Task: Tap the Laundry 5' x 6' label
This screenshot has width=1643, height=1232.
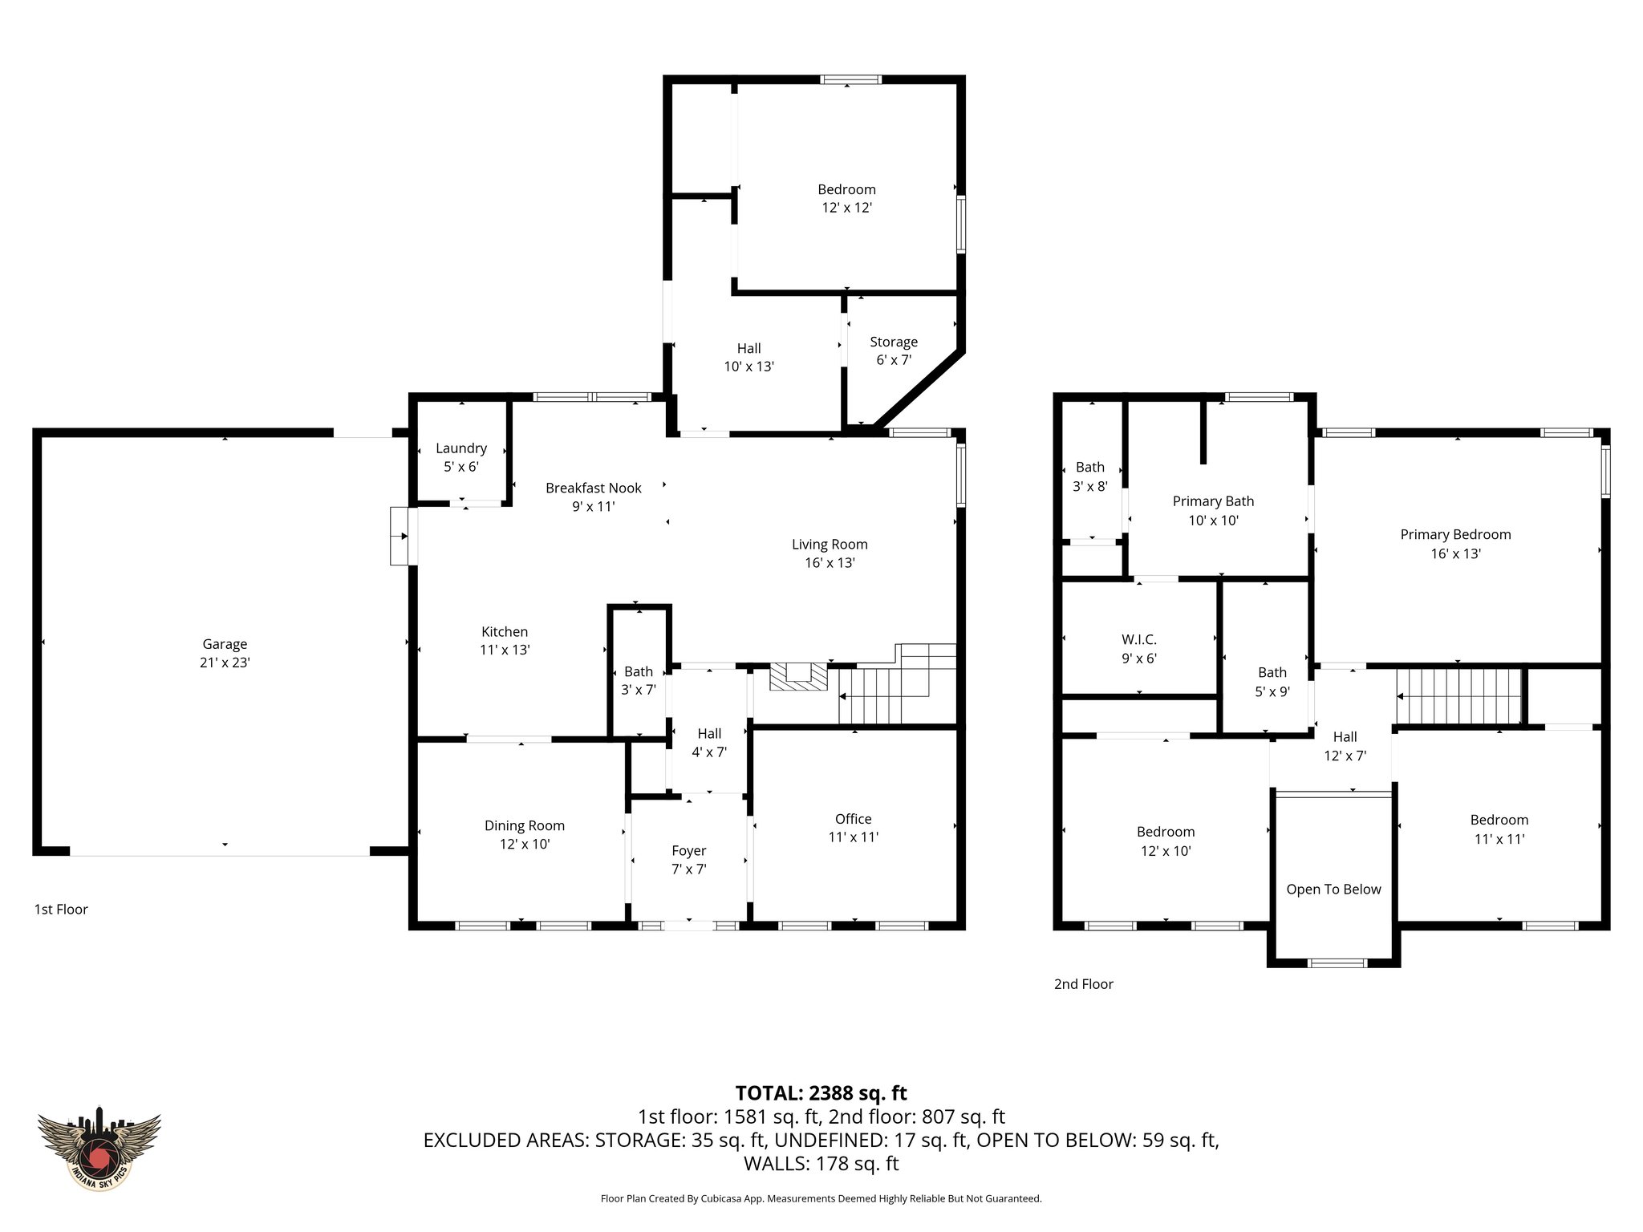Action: coord(461,457)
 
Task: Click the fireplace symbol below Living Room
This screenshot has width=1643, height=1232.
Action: coord(798,676)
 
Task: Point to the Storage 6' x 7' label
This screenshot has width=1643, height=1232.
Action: coord(894,351)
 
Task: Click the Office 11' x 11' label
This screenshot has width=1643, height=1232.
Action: coord(853,828)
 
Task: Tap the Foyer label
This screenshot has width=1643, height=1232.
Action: coord(688,851)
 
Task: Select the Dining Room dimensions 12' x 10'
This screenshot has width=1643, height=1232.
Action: coord(525,844)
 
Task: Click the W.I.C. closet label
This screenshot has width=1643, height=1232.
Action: coord(1139,640)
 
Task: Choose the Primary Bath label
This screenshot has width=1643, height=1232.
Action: coord(1213,501)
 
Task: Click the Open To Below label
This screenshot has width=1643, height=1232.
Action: coord(1333,889)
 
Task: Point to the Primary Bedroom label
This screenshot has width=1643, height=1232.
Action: coord(1455,534)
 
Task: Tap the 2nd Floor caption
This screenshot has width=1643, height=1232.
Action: coord(1083,984)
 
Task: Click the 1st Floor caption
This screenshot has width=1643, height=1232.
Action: coord(61,909)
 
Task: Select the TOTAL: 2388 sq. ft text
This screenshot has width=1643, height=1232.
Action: coord(821,1092)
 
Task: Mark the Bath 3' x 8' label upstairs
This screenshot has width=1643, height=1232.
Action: coord(1089,476)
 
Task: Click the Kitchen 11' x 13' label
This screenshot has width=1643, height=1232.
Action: coord(505,640)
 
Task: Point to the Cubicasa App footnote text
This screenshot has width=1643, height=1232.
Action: coord(821,1198)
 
